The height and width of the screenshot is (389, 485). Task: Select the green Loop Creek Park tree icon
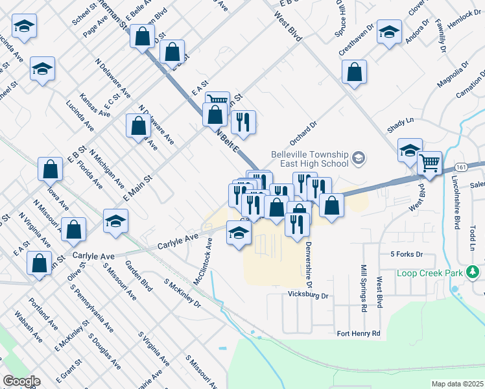474,272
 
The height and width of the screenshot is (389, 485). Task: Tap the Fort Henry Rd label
358,333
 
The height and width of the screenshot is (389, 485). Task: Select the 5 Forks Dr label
407,254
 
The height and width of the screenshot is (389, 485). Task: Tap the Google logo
21,381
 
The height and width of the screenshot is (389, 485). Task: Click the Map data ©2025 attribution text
457,384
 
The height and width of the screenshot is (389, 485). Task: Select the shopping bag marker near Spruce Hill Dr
354,73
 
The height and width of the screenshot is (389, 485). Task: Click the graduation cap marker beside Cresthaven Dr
389,32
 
